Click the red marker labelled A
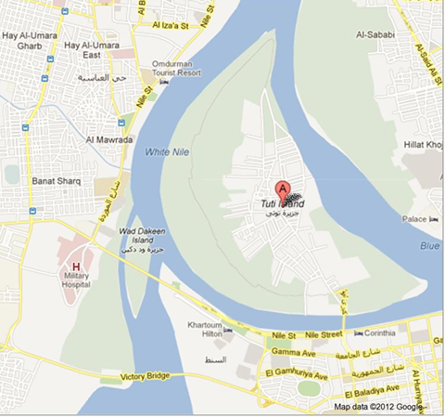284,187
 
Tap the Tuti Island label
281,202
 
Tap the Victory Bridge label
145,377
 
